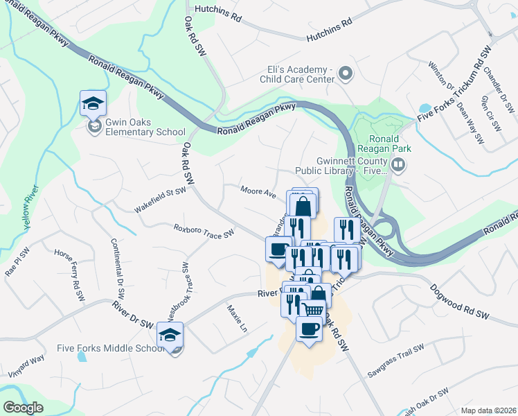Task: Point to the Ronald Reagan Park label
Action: point(385,142)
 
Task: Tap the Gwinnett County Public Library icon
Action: point(398,164)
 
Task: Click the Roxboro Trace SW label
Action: point(204,230)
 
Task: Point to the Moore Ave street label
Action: point(258,191)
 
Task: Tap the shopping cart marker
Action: point(313,309)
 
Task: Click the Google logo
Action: point(23,408)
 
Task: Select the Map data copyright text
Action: point(489,410)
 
